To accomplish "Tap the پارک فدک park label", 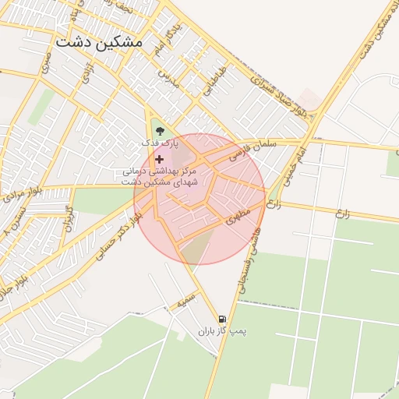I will pos(160,143).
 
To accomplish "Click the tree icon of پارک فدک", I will pos(161,130).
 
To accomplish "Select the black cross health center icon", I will pos(160,158).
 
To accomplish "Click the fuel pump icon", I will pos(223,319).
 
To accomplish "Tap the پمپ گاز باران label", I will pos(221,332).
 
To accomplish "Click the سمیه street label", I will pos(185,298).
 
